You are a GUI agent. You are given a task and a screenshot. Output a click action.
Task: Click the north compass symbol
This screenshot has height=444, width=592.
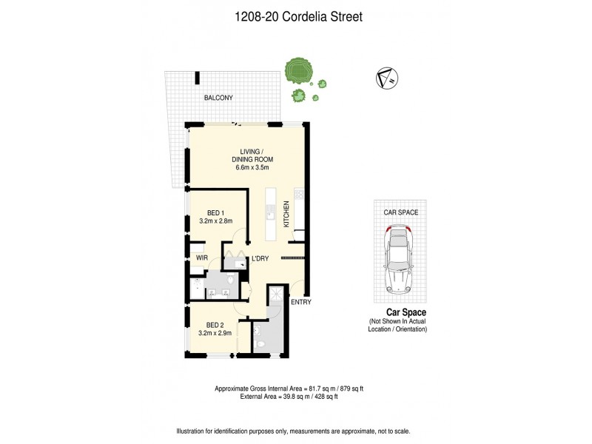pos(386,76)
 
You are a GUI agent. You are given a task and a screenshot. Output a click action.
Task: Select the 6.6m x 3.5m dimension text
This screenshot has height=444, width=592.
pos(249,167)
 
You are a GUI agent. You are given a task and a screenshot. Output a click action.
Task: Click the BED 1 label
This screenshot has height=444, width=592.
pos(215,212)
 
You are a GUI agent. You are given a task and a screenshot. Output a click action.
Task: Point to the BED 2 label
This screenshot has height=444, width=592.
pos(215,325)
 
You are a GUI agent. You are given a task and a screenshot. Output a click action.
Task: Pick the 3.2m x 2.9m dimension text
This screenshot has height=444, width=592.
pos(215,333)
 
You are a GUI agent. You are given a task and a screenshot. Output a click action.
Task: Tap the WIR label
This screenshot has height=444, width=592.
pos(201,257)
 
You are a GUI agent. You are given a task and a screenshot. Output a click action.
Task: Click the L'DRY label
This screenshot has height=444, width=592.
pos(259,258)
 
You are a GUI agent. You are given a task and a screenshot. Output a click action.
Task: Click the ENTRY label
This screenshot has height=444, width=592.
pos(301,302)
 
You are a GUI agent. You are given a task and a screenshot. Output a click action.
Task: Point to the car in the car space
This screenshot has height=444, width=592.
pos(400,259)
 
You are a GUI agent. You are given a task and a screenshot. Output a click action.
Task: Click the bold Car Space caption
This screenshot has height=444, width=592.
pos(398,312)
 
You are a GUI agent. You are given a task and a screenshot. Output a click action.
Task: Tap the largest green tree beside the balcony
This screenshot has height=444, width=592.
pos(298,72)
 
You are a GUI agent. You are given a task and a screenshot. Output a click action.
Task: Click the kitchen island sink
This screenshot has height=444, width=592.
pos(272,214)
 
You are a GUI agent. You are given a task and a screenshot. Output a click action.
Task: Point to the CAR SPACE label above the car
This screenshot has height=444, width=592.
pos(400,212)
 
